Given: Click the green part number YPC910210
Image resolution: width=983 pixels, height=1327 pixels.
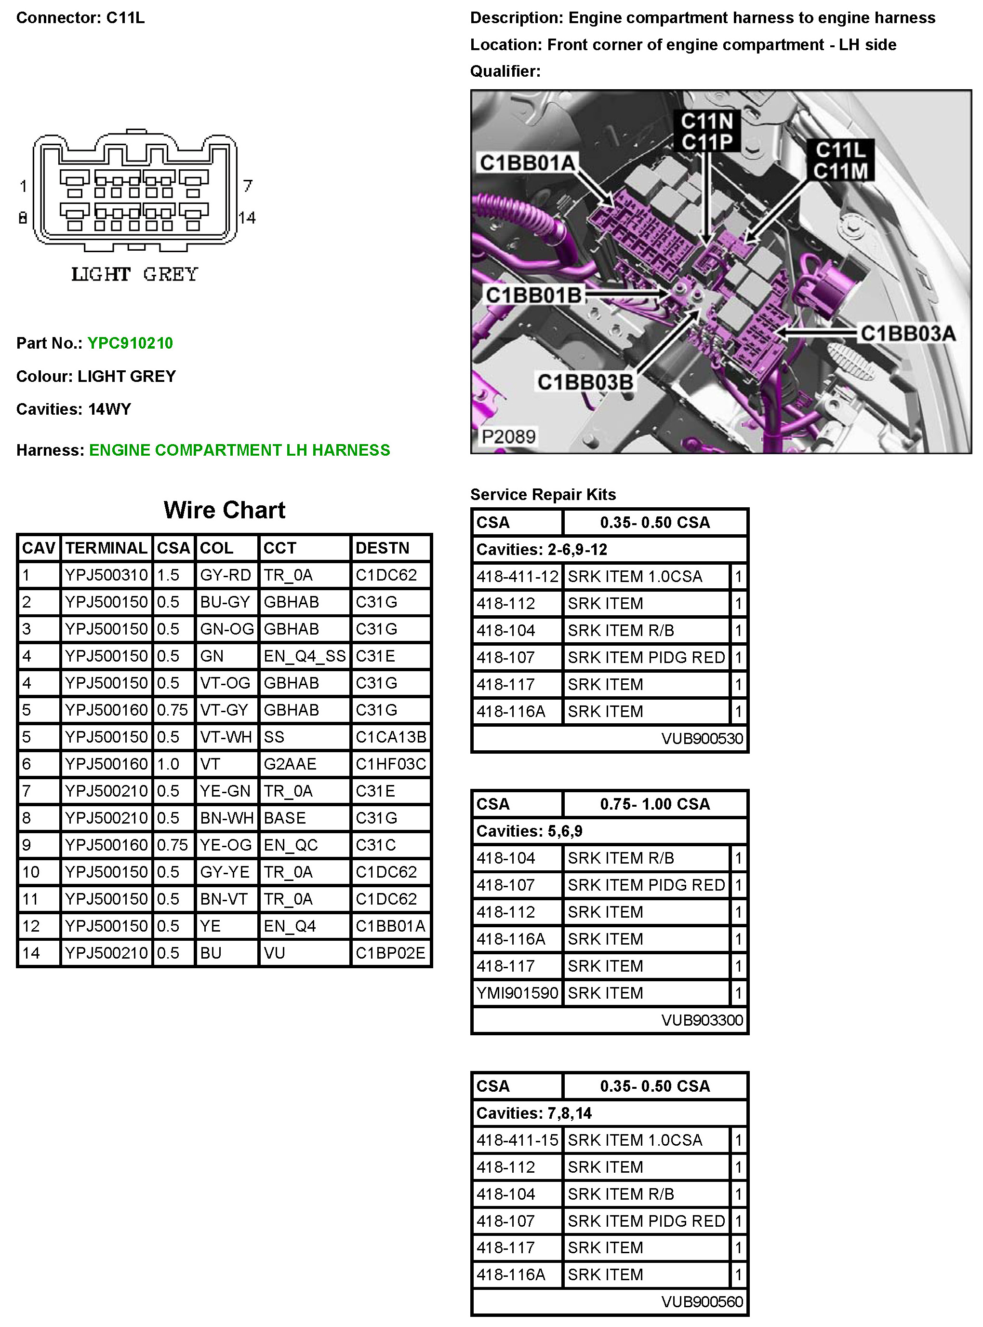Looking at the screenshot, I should pyautogui.click(x=130, y=343).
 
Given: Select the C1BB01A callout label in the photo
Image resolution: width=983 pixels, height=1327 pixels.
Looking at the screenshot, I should pyautogui.click(x=527, y=162).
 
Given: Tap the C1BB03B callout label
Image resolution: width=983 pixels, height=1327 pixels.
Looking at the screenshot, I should pyautogui.click(x=584, y=381).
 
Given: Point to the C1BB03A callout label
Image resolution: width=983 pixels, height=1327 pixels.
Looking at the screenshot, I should pyautogui.click(x=907, y=333).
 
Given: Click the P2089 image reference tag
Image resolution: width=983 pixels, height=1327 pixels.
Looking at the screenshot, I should pyautogui.click(x=508, y=436).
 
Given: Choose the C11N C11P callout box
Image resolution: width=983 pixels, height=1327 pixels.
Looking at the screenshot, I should pyautogui.click(x=706, y=131).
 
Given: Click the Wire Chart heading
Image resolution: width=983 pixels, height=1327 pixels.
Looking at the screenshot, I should pyautogui.click(x=225, y=510).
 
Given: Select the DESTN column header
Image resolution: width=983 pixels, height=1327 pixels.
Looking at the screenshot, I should pyautogui.click(x=382, y=548).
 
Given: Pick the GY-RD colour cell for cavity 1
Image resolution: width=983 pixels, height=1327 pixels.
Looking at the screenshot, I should pyautogui.click(x=225, y=575).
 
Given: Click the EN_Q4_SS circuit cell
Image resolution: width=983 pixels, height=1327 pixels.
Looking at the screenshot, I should pyautogui.click(x=304, y=656).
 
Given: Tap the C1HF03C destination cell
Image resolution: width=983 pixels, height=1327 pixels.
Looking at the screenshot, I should pyautogui.click(x=390, y=764).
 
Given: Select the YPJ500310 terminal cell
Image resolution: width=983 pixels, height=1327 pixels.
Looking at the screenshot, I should pyautogui.click(x=106, y=575).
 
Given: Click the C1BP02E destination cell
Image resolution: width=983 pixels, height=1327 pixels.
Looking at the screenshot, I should pyautogui.click(x=390, y=953).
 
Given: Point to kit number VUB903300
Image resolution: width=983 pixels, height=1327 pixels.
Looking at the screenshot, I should pyautogui.click(x=702, y=1020).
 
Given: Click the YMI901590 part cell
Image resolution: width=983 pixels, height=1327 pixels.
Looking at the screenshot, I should pyautogui.click(x=517, y=993).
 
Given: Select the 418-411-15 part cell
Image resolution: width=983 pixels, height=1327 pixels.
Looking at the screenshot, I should pyautogui.click(x=517, y=1140).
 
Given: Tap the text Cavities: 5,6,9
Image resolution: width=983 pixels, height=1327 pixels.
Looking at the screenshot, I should pyautogui.click(x=529, y=831).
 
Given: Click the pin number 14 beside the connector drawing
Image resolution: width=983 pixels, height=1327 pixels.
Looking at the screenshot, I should pyautogui.click(x=247, y=218).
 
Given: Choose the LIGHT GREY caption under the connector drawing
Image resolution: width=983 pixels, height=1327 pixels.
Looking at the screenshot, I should pyautogui.click(x=134, y=274).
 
